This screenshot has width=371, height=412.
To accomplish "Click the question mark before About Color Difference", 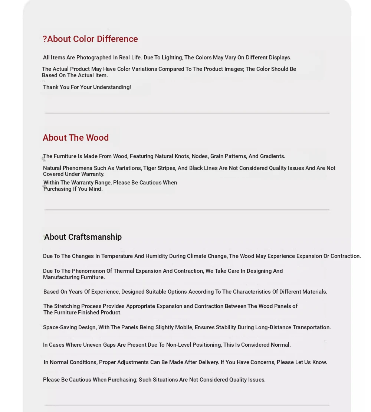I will coord(45,39).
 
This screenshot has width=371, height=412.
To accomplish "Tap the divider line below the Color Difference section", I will coord(187,113).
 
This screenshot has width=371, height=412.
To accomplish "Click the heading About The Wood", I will coord(76,138).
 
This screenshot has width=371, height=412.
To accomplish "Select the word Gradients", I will coord(272,156).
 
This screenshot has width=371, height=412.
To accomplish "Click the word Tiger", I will coord(151,168).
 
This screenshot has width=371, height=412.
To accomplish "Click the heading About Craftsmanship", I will coord(83,237).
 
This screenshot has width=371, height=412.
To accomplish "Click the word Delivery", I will coord(207,362).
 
